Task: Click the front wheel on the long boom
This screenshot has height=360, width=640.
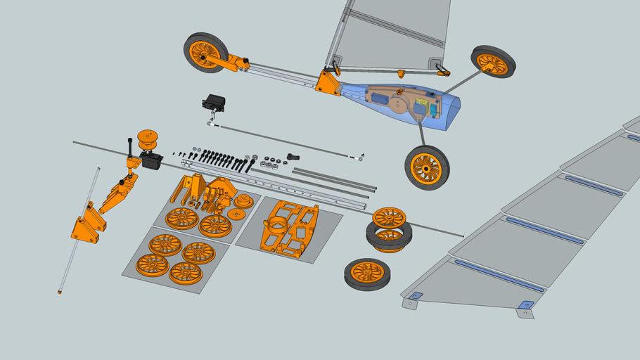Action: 205,52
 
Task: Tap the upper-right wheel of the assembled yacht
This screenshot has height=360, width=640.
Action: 493,62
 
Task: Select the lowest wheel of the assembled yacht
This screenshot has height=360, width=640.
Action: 427,167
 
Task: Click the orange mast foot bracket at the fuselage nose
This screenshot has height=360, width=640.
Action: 327,82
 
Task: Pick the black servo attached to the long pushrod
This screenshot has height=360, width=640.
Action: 215,104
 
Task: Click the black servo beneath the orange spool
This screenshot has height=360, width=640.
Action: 151,160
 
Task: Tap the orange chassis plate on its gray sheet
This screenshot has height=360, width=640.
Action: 288,226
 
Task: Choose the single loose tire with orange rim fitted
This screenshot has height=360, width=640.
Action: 367,274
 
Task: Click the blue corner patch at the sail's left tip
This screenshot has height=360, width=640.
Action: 414,295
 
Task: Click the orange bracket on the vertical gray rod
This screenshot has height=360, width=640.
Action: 87,224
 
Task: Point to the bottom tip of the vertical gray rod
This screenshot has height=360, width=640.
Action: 60,291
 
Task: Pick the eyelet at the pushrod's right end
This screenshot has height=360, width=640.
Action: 361,157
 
